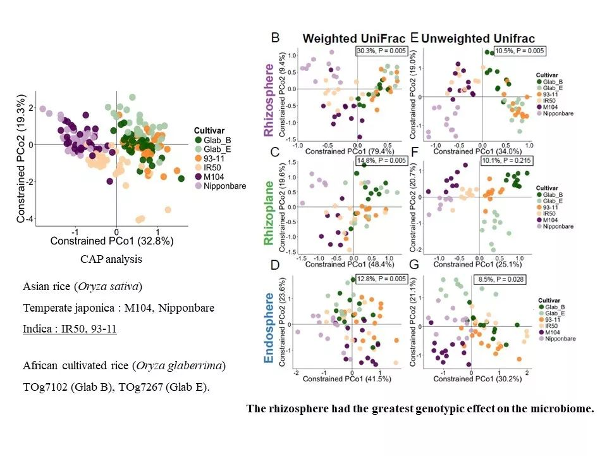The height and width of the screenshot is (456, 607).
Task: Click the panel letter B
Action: (x=276, y=37)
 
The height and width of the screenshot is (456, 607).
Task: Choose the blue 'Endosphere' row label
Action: (x=269, y=328)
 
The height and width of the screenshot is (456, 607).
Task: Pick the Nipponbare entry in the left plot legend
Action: (x=221, y=187)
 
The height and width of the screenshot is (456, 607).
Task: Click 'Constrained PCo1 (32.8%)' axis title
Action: (x=111, y=241)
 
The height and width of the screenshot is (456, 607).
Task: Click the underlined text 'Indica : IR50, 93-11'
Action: (x=70, y=329)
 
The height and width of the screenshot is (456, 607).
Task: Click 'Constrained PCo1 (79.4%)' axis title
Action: (x=350, y=151)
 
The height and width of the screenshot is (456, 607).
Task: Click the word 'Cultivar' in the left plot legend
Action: (x=209, y=129)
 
